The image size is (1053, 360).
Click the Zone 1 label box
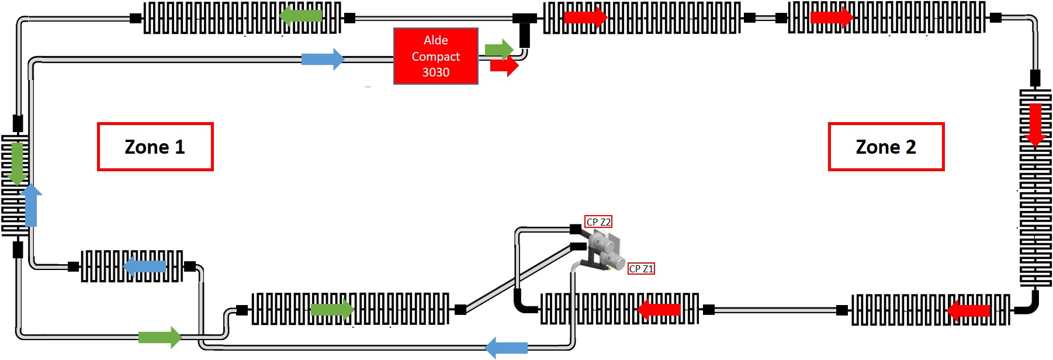point(155,147)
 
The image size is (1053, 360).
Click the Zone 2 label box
point(886,147)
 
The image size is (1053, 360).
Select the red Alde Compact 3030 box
point(436,56)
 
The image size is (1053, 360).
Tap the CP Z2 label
point(598,222)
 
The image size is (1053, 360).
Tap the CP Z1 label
point(641,269)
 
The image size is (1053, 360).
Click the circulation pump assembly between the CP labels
point(605,250)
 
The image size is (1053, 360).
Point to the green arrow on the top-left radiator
point(302,16)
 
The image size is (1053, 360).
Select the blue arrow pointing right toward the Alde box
point(323,59)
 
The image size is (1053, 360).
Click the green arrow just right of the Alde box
point(498,49)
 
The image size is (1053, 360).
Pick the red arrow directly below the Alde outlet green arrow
point(504,65)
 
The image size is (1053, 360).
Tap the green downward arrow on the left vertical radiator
point(18,163)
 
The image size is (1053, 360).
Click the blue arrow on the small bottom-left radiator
point(145,266)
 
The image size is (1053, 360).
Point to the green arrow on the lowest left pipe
point(160,337)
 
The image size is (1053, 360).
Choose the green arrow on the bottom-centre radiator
point(332,309)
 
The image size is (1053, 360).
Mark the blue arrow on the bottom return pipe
point(507,348)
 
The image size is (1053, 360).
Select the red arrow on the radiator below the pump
point(659,309)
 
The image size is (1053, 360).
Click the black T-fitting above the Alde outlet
point(524,27)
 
